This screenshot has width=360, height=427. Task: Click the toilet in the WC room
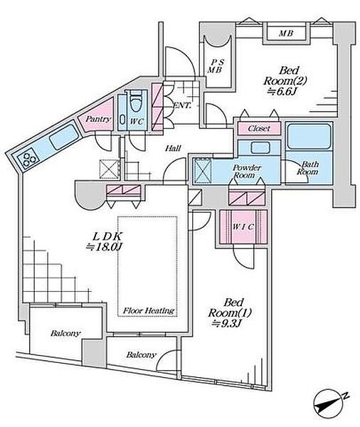pyautogui.click(x=136, y=102)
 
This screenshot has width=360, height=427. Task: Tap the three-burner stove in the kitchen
pyautogui.click(x=28, y=159)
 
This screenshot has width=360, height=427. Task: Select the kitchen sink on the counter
pyautogui.click(x=64, y=137)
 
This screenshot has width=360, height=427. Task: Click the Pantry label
pyautogui.click(x=98, y=119)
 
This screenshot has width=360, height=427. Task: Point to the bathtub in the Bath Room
pyautogui.click(x=309, y=137)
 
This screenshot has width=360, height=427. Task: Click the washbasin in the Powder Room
pyautogui.click(x=260, y=147)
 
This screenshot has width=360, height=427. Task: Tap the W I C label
pyautogui.click(x=243, y=226)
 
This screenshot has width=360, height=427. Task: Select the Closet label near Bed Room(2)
pyautogui.click(x=259, y=128)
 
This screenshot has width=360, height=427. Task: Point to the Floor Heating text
pyautogui.click(x=149, y=310)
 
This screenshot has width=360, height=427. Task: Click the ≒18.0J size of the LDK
pyautogui.click(x=105, y=247)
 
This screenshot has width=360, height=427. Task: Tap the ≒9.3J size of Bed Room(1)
pyautogui.click(x=226, y=324)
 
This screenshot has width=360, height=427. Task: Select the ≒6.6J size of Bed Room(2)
pyautogui.click(x=282, y=92)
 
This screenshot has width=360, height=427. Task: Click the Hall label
pyautogui.click(x=173, y=149)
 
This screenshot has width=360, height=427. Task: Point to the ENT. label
pyautogui.click(x=182, y=105)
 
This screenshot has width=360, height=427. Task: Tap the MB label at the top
pyautogui.click(x=286, y=33)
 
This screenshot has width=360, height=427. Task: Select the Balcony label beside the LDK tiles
pyautogui.click(x=65, y=333)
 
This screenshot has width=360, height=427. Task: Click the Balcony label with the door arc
pyautogui.click(x=142, y=355)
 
